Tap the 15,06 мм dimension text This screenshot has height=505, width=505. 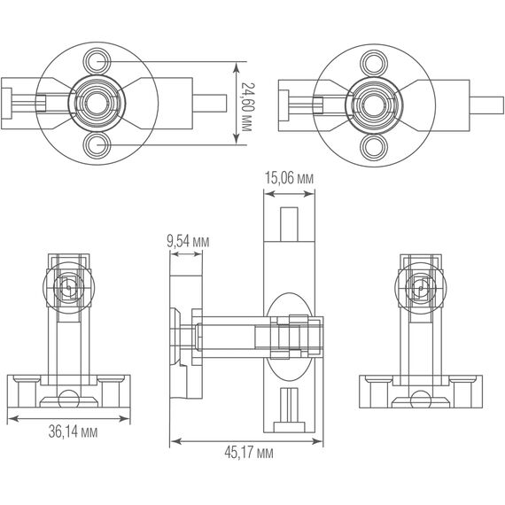290,178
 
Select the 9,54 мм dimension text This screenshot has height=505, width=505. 187,240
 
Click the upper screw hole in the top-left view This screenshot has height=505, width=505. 96,62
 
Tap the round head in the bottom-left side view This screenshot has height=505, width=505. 66,287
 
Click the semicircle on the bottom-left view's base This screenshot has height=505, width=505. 67,395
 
